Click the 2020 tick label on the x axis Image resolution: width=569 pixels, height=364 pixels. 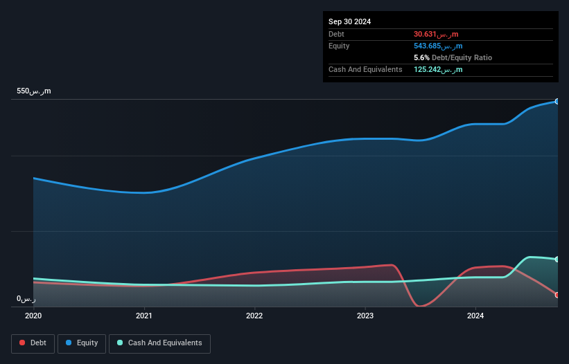pyautogui.click(x=33, y=316)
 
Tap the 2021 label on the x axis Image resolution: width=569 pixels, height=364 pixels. pyautogui.click(x=144, y=316)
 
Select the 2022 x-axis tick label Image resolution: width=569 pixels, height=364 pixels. pyautogui.click(x=254, y=316)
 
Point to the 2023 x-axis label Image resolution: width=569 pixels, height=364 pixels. pyautogui.click(x=365, y=316)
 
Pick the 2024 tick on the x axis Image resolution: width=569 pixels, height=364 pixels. pyautogui.click(x=475, y=316)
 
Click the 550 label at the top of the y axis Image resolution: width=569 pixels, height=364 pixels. pyautogui.click(x=34, y=91)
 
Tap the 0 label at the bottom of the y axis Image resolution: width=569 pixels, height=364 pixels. pyautogui.click(x=26, y=299)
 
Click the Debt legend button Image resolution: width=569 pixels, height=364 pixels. pyautogui.click(x=33, y=343)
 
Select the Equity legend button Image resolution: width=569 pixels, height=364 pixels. pyautogui.click(x=82, y=343)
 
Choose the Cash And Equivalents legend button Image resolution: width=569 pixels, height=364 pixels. pyautogui.click(x=159, y=343)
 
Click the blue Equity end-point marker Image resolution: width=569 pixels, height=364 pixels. pyautogui.click(x=557, y=102)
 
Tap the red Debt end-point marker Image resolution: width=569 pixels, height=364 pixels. pyautogui.click(x=557, y=295)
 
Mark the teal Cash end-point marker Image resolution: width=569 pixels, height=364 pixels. pyautogui.click(x=557, y=260)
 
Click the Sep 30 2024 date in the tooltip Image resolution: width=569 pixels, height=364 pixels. pyautogui.click(x=350, y=21)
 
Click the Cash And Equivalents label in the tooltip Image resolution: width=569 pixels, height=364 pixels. pyautogui.click(x=365, y=69)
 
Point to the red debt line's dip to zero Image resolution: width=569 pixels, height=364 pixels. pyautogui.click(x=419, y=305)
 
